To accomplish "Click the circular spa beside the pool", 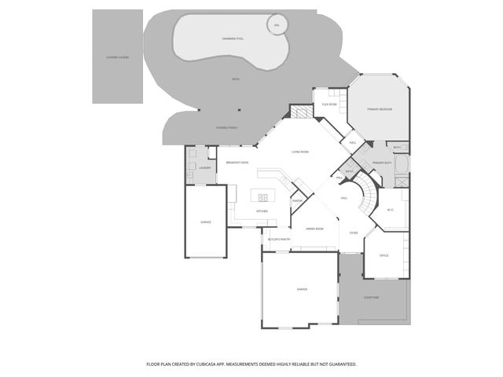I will coord(276,26).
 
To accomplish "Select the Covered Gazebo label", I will coord(117,57).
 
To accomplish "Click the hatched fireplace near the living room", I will coord(299,112).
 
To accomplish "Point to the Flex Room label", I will coord(329,104).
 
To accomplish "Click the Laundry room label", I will coord(204,167).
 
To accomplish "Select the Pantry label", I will coord(298,201).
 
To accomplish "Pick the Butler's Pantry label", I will coord(279,239).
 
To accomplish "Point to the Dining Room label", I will coord(314,228).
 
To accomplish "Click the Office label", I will coord(384,256).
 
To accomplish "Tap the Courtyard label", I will coord(372,298).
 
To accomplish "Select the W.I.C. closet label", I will coord(391,210).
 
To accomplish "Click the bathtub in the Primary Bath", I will coord(401,165).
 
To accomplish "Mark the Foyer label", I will coord(354,232).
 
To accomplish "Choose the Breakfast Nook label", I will coord(237,163).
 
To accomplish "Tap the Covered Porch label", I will coord(226,127).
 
